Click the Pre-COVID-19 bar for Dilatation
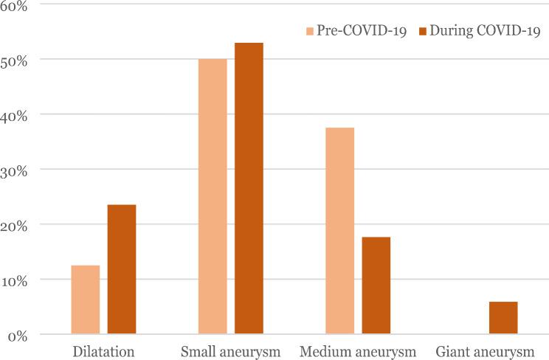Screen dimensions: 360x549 point(85,300)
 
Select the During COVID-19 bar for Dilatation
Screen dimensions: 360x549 point(122,269)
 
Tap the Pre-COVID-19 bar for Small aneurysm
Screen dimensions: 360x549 point(213,196)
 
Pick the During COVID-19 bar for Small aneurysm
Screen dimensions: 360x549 point(249,188)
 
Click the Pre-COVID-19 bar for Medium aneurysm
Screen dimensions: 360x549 point(339,231)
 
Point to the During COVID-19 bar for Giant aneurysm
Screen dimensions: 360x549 point(503,318)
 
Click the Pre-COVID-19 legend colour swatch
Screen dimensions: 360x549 point(310,31)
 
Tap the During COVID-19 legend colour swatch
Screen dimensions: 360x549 point(424,31)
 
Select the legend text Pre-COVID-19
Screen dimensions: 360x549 point(362,31)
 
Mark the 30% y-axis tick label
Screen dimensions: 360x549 point(17,170)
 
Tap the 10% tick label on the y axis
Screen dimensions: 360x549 point(17,280)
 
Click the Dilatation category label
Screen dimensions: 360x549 point(103,350)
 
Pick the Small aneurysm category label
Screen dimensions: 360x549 point(230,350)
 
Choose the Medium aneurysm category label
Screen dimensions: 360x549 point(357,350)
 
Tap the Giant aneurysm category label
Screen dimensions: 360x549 point(485,350)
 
